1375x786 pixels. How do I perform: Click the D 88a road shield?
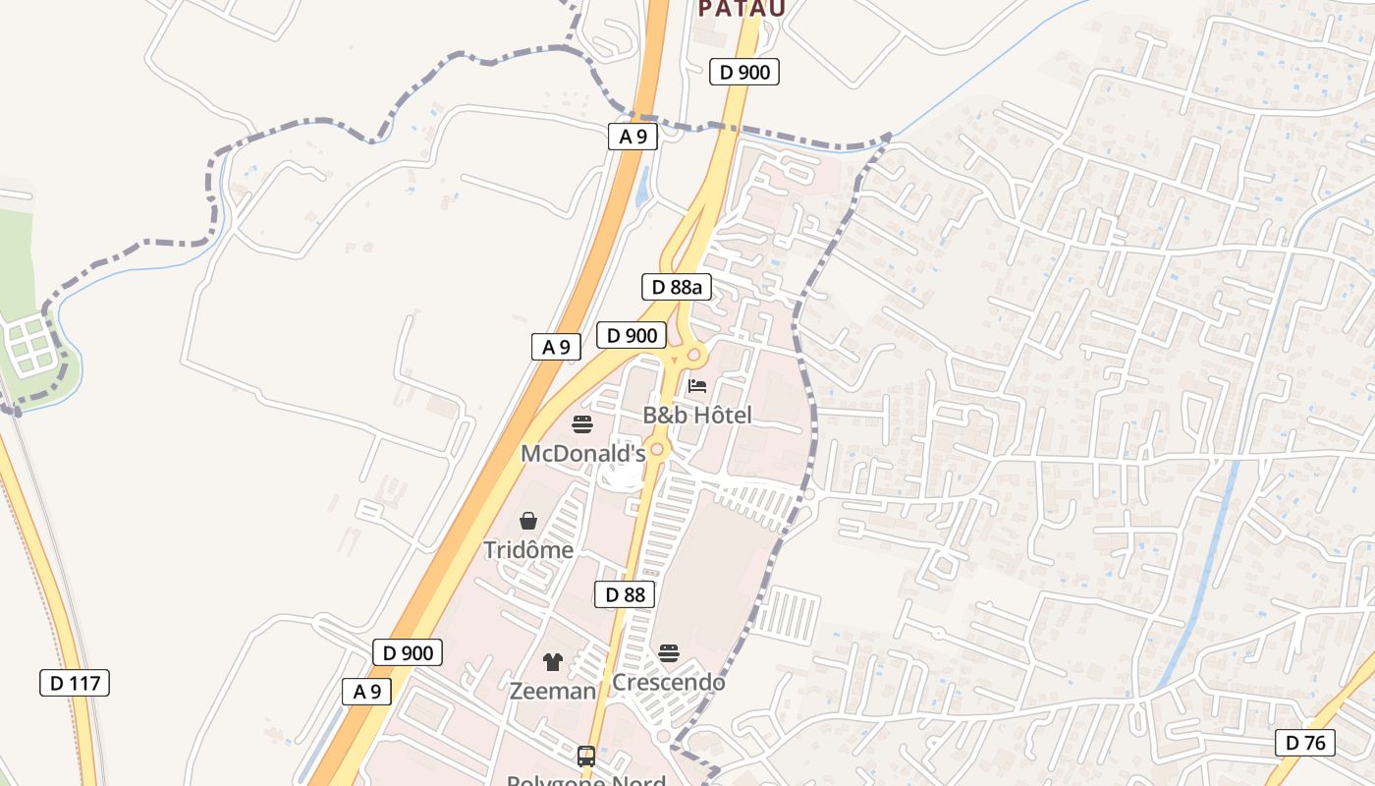[676, 287]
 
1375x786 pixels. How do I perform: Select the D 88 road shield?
[625, 594]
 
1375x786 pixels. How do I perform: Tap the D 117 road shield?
[75, 683]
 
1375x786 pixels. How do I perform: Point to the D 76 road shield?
[1305, 742]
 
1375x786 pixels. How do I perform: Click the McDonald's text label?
[582, 453]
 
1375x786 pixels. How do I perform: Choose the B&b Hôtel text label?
[697, 415]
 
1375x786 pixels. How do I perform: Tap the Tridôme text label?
[528, 549]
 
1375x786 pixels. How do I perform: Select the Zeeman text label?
[552, 691]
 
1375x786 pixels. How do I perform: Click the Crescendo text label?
[669, 681]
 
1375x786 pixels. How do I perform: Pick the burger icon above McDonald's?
[582, 424]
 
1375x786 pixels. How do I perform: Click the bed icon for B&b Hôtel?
[697, 385]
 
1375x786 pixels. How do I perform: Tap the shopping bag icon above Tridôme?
[528, 520]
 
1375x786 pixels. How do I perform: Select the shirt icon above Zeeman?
[553, 662]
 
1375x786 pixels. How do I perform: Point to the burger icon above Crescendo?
[669, 653]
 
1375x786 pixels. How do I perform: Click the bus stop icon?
[586, 756]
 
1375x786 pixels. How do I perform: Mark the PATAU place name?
[742, 9]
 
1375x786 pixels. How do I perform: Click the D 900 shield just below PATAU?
[744, 72]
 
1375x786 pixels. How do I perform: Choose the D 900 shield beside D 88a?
[632, 335]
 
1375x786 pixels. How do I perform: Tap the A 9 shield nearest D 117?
[367, 692]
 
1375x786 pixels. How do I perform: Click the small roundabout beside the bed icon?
[694, 355]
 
